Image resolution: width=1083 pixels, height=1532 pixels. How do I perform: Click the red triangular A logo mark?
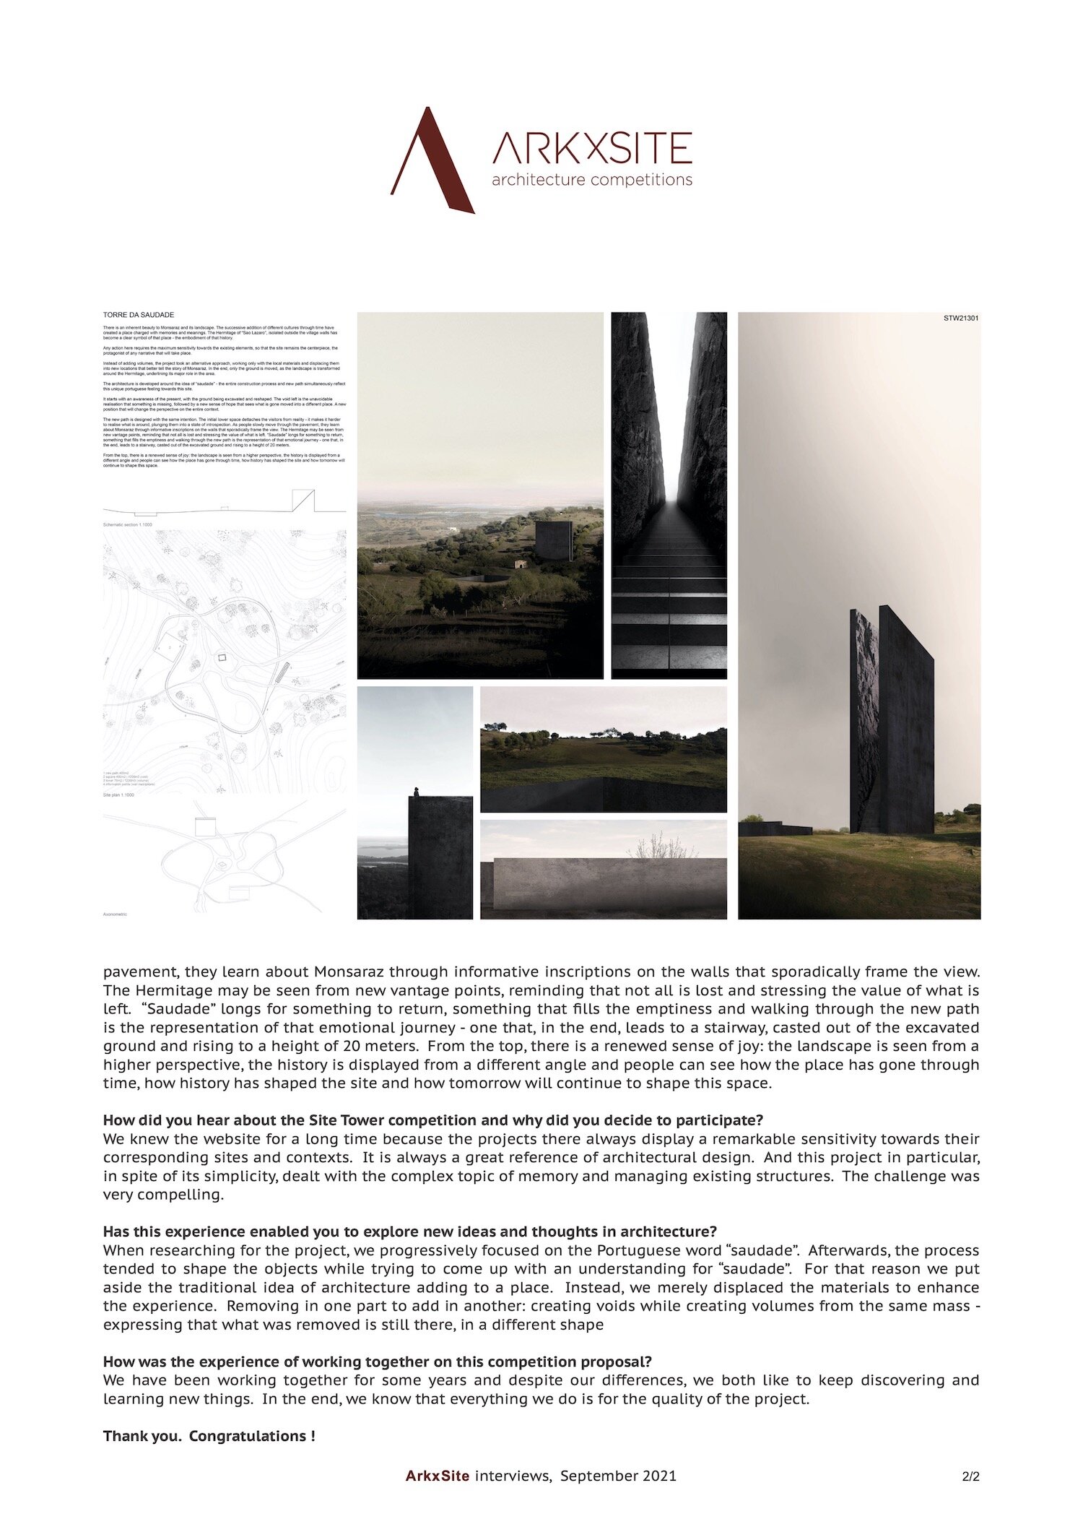432,163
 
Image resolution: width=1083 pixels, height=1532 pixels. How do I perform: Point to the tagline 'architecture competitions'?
591,180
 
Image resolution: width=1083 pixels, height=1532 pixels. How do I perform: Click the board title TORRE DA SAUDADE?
139,315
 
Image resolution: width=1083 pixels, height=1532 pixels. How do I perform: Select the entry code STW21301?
961,318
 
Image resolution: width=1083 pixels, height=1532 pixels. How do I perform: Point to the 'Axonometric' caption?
116,914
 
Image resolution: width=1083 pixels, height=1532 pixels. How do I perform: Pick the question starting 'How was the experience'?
377,1362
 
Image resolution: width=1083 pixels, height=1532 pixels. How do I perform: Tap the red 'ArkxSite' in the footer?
437,1476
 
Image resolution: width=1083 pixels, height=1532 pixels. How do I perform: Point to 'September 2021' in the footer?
618,1476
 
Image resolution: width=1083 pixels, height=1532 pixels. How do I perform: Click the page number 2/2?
970,1477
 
